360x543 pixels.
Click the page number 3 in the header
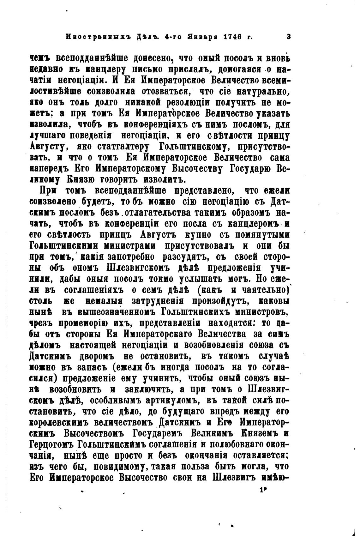click(288, 37)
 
